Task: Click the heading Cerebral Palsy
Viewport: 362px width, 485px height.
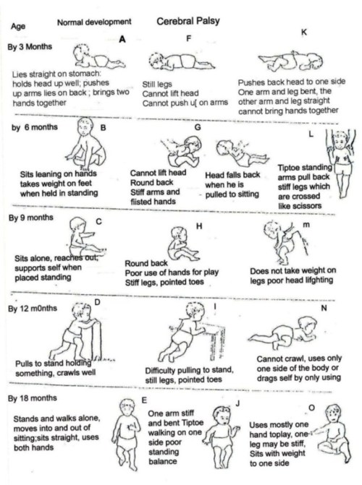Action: click(188, 21)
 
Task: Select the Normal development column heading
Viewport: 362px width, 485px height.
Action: click(94, 22)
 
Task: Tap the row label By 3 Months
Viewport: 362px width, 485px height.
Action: click(30, 47)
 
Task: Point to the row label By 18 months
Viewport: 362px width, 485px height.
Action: click(33, 398)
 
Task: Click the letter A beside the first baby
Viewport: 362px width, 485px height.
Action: click(122, 39)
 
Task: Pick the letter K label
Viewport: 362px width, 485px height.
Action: click(304, 33)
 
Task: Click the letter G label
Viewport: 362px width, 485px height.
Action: click(198, 127)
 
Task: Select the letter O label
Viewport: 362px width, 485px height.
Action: click(311, 408)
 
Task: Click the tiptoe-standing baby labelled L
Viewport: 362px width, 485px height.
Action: click(340, 163)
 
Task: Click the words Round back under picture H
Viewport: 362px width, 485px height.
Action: click(146, 264)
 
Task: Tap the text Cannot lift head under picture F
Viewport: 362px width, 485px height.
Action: click(170, 93)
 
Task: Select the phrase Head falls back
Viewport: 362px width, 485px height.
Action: click(232, 175)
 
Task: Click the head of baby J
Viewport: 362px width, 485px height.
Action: click(222, 416)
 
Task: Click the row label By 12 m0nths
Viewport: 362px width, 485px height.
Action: click(33, 309)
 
